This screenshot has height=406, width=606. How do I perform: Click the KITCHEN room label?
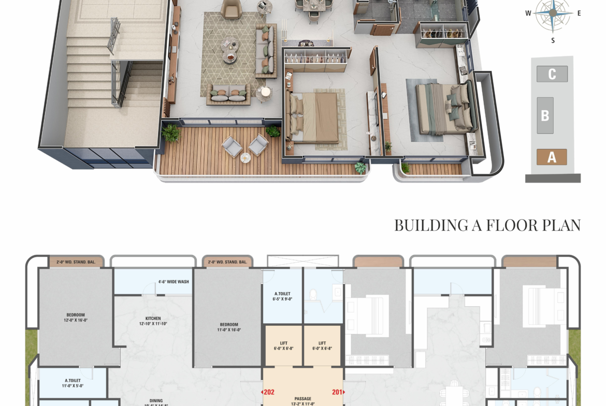tap(153, 319)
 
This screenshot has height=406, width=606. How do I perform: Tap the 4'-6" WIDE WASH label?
tap(174, 282)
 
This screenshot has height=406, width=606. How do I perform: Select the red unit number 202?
tap(268, 392)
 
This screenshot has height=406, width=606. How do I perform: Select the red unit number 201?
tap(338, 392)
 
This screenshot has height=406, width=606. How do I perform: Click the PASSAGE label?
tap(302, 399)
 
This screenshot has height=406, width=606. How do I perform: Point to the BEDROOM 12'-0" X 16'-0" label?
tap(76, 317)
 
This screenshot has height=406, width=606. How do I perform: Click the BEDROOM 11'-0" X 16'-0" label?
tap(228, 327)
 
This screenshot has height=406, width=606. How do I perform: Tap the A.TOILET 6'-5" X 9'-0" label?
tap(282, 296)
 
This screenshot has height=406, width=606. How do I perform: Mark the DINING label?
tap(156, 401)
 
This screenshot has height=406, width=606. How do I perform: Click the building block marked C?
tap(552, 74)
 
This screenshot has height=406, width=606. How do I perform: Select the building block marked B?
tap(545, 115)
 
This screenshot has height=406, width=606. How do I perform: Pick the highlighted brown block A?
tap(552, 157)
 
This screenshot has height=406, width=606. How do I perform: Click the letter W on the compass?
tap(528, 13)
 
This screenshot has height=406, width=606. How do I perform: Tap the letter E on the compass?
tap(579, 13)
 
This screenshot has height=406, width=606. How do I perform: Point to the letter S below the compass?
tap(553, 40)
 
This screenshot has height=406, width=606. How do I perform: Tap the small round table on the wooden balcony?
tap(246, 157)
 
